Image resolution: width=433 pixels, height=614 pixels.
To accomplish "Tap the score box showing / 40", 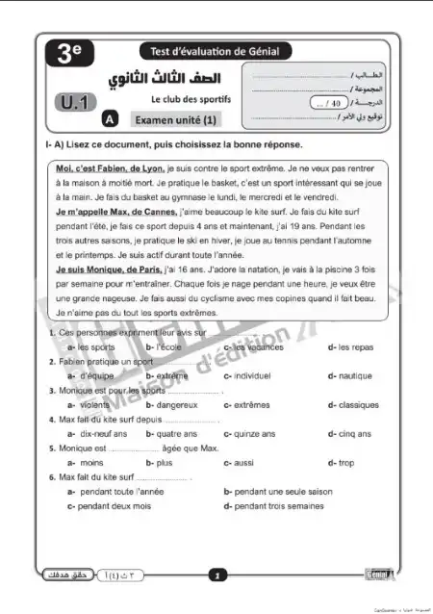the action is coord(330,101).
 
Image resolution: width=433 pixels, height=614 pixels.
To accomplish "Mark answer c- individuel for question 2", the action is coord(252,376).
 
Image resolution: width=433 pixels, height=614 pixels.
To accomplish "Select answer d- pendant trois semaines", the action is coord(273,505).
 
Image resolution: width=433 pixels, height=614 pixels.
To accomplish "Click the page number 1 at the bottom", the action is coord(217,576).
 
